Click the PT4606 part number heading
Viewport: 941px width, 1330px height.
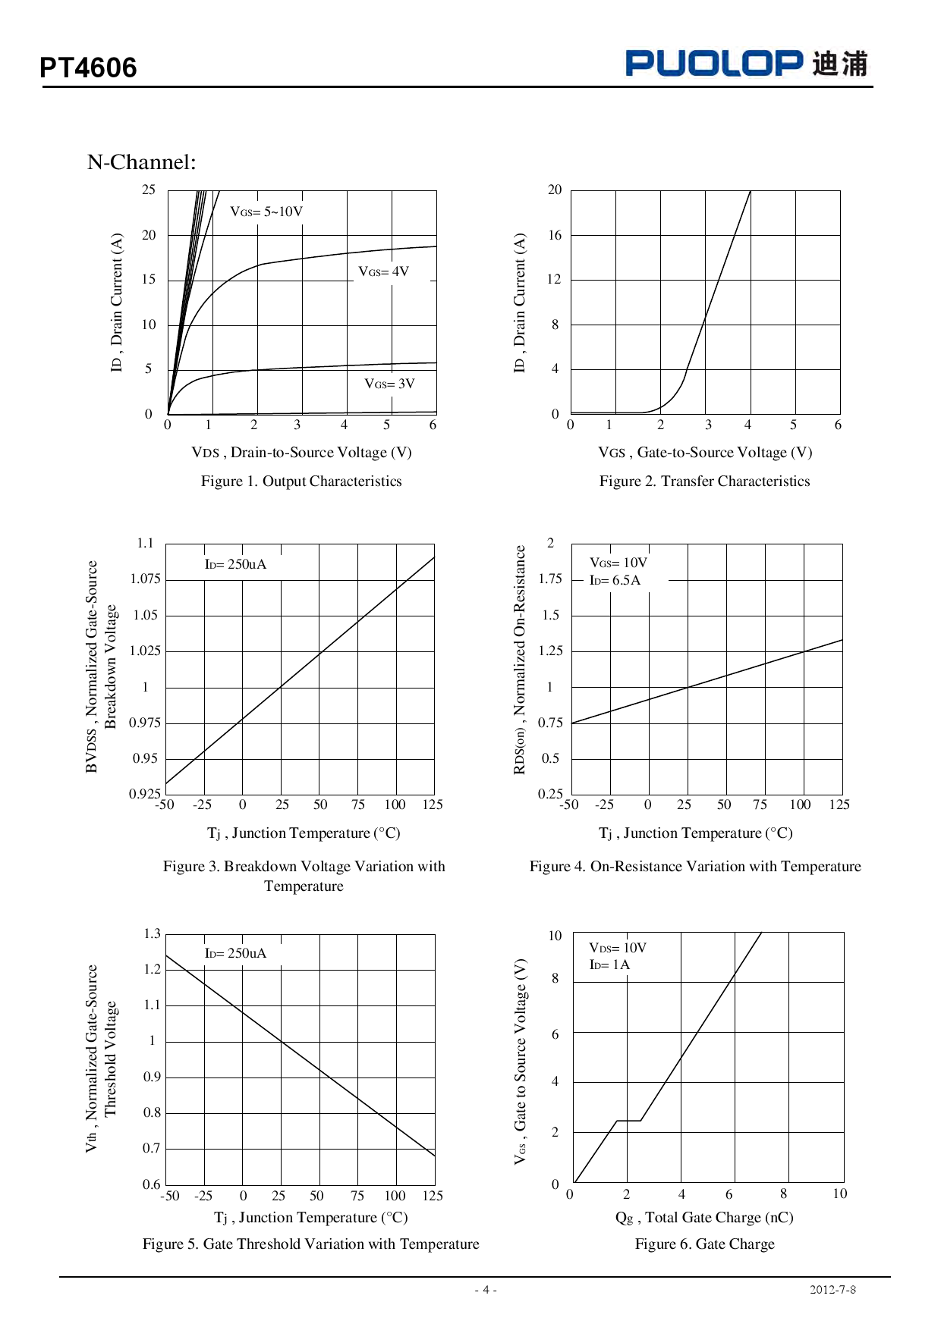point(88,68)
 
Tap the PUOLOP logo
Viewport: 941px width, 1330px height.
point(713,63)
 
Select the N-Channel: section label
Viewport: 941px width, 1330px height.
point(142,162)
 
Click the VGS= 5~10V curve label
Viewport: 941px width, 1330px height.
point(266,212)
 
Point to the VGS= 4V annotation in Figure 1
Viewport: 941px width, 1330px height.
point(383,271)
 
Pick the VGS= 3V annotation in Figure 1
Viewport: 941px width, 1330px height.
point(389,384)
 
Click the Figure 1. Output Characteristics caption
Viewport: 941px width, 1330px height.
point(301,481)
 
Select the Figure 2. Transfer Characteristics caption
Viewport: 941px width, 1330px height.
point(704,481)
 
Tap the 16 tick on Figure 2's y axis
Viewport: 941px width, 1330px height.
point(555,235)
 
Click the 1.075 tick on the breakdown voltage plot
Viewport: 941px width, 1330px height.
point(145,579)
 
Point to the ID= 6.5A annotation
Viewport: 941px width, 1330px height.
point(615,581)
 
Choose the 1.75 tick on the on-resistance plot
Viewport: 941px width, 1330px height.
point(550,579)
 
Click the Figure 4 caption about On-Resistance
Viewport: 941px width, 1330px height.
point(695,867)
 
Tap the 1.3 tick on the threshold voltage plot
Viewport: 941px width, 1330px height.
point(152,933)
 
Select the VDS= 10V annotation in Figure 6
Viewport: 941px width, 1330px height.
point(618,948)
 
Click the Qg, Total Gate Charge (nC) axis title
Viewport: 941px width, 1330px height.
point(704,1218)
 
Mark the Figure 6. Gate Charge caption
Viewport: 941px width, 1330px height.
point(704,1244)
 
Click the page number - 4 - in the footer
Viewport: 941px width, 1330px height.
point(486,1290)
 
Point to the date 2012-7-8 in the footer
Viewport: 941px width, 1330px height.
point(832,1290)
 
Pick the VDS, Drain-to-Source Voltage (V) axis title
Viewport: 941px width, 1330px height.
point(301,453)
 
